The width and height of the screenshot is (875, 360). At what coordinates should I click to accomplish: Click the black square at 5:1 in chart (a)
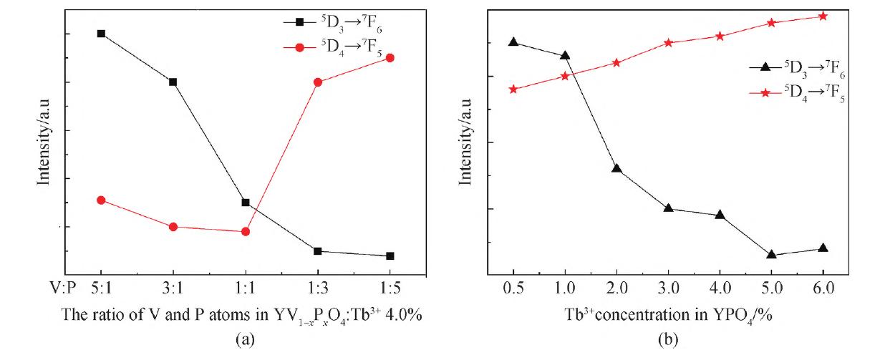click(101, 34)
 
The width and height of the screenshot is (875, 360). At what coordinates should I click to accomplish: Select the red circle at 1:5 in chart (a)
click(390, 57)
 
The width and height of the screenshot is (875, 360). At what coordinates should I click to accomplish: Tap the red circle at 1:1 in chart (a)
click(246, 231)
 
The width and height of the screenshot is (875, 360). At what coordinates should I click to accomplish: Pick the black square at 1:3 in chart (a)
click(317, 250)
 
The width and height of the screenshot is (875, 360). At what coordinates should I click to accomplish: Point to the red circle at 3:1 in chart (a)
click(173, 226)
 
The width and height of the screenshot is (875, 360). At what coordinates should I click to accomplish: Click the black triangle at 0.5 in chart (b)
click(513, 42)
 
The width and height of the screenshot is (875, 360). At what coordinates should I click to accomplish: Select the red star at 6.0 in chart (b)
click(823, 16)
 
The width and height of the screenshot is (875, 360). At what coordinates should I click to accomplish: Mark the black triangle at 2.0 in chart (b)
click(617, 168)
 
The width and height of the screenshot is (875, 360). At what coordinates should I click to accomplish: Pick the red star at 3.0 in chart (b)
click(668, 42)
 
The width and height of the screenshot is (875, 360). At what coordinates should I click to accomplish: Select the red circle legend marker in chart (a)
click(299, 47)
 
